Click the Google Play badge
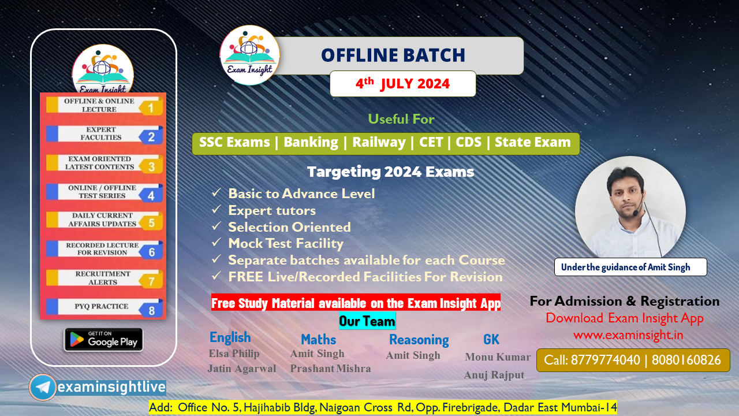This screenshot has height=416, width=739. [x=103, y=340]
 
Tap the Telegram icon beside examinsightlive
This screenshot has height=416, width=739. [x=43, y=387]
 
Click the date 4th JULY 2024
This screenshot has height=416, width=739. [x=402, y=83]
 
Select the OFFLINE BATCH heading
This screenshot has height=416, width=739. [x=393, y=55]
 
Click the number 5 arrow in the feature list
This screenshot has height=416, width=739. [x=151, y=222]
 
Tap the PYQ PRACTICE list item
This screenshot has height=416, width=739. [x=96, y=306]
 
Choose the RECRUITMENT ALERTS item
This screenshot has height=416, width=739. [x=95, y=278]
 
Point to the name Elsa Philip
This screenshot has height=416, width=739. [x=234, y=354]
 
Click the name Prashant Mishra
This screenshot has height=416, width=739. [x=330, y=369]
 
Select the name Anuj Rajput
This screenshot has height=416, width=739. [x=494, y=375]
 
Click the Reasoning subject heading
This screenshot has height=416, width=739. [x=419, y=340]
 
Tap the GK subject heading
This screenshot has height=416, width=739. [x=491, y=339]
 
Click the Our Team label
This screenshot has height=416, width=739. [x=367, y=321]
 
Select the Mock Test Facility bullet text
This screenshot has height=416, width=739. [x=286, y=243]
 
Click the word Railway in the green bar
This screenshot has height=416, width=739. [x=379, y=142]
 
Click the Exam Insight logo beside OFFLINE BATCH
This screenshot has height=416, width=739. [x=250, y=55]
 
